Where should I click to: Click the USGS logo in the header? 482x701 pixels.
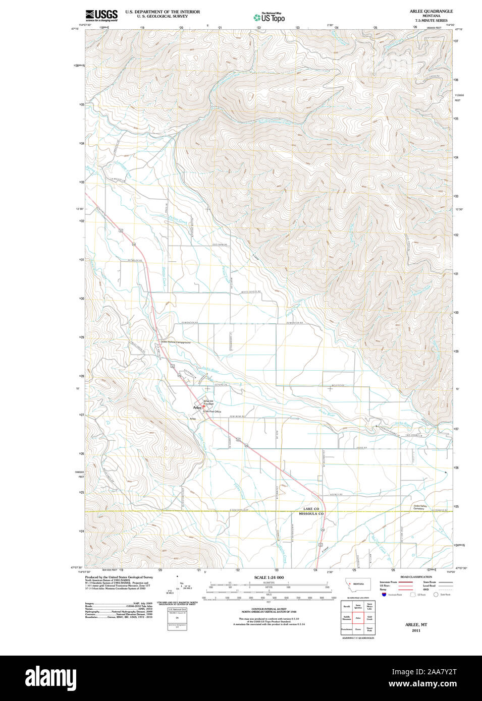pos(101,15)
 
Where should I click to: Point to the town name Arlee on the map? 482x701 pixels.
pos(196,407)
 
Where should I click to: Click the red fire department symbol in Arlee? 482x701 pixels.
pos(203,406)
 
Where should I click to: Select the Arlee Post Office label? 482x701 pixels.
pos(212,412)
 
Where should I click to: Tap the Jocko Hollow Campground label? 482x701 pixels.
pos(176,342)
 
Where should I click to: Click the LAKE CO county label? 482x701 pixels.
pos(311,509)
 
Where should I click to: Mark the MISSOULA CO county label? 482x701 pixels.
pos(311,514)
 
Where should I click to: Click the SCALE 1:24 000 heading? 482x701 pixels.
pos(269,577)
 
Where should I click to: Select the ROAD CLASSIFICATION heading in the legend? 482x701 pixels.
pos(416,577)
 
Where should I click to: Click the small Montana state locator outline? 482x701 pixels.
pos(357,584)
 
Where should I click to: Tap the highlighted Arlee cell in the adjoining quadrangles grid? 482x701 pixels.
pos(358,617)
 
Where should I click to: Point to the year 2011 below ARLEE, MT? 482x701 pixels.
pos(416,630)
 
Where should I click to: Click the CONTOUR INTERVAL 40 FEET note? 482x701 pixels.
pos(269,609)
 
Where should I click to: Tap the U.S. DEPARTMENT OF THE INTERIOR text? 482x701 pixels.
pos(163,12)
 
